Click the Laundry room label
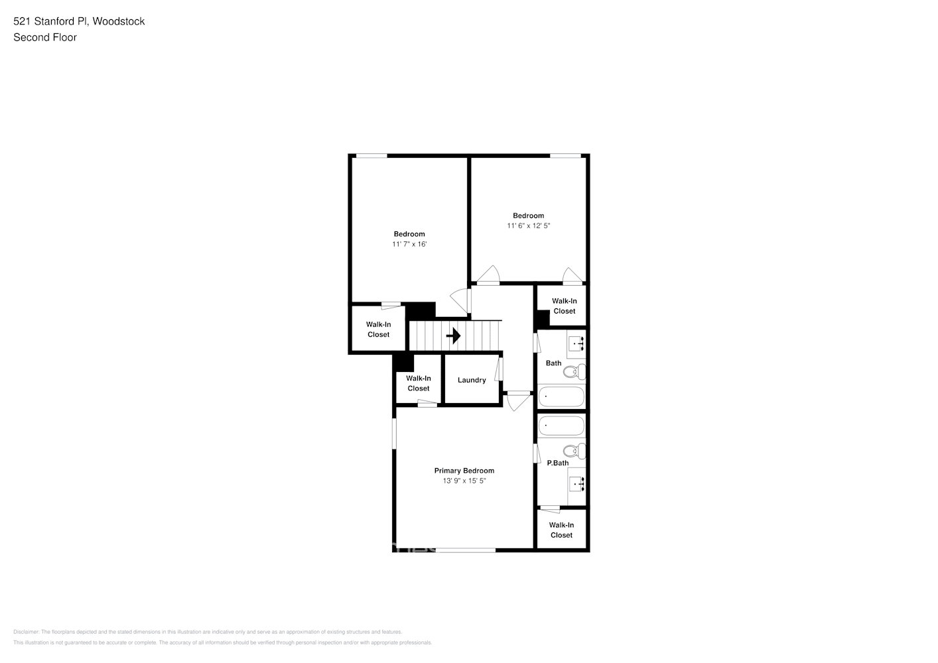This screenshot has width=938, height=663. tap(472, 380)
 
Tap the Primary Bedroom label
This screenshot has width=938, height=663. tap(464, 471)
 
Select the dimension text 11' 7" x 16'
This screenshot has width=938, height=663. tap(409, 244)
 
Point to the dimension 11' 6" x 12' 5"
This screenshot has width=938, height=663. tap(529, 225)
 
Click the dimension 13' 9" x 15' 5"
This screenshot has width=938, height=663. tap(464, 481)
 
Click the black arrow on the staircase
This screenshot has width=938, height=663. tap(454, 335)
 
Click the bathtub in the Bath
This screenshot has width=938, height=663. tap(561, 397)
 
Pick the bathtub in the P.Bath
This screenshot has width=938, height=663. tap(561, 425)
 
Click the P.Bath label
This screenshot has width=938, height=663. tap(557, 463)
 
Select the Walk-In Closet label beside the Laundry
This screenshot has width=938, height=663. tap(419, 383)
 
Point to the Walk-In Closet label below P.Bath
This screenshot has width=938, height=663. tap(561, 530)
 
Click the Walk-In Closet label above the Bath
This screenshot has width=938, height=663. tap(565, 306)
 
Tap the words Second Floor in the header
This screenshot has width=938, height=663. tap(45, 37)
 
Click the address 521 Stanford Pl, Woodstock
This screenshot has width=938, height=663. tap(79, 21)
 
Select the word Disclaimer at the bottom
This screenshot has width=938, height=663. tap(26, 632)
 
